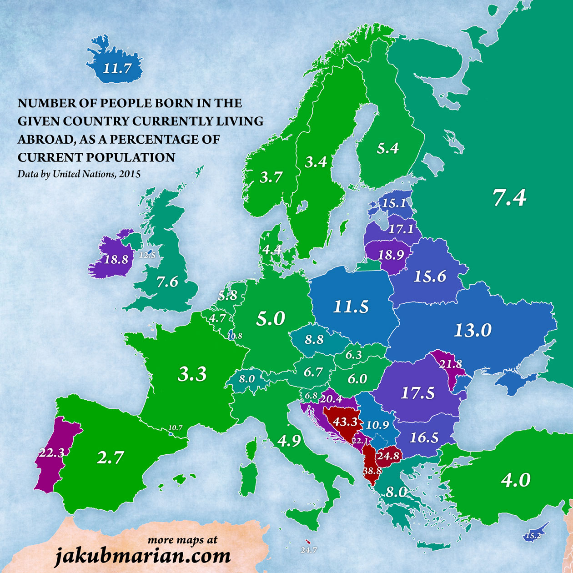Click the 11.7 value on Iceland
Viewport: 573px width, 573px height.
click(x=117, y=69)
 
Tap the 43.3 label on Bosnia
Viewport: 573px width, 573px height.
click(x=345, y=422)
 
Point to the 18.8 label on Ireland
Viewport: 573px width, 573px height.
click(x=116, y=259)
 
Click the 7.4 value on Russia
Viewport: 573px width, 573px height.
click(x=509, y=198)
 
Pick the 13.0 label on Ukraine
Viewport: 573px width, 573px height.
click(x=473, y=330)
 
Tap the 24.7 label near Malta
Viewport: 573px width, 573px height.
click(x=308, y=550)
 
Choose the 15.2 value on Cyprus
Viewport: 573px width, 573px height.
click(x=533, y=536)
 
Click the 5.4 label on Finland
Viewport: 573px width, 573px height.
click(x=388, y=148)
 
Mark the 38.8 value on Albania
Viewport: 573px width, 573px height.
click(x=372, y=471)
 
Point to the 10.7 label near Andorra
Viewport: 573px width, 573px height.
click(x=175, y=428)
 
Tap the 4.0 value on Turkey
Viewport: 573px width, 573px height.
click(x=516, y=480)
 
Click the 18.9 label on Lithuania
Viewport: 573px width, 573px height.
click(x=392, y=255)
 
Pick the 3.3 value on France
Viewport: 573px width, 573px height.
click(x=192, y=374)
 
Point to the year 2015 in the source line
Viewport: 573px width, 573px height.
click(x=130, y=174)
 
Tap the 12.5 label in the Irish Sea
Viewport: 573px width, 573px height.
click(x=147, y=255)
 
